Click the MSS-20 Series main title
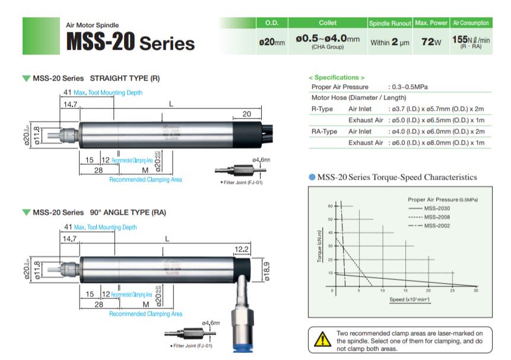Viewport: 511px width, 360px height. pos(131,42)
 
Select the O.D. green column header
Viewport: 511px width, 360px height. pos(272,23)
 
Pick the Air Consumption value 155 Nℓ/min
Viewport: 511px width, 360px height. pos(471,40)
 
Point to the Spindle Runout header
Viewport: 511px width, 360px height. pos(390,23)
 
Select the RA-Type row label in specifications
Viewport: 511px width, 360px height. pos(324,131)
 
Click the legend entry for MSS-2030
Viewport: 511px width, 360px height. pos(438,209)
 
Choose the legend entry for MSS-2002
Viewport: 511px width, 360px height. pos(438,225)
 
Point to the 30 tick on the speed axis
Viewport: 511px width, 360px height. pos(475,291)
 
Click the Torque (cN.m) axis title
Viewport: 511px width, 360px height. pos(319,246)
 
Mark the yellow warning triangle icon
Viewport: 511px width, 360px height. pos(322,340)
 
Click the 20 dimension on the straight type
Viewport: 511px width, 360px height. pos(246,114)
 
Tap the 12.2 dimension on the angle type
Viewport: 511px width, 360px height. pos(242,249)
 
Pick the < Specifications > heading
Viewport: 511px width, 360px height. pos(337,77)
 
